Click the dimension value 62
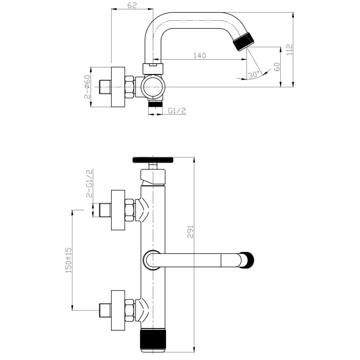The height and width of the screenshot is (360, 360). tap(132, 5)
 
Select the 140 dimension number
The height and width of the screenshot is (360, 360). tap(200, 55)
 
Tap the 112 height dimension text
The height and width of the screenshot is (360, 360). tap(289, 49)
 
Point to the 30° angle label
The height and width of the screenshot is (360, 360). tap(253, 75)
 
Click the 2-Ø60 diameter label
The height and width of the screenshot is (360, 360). tap(87, 87)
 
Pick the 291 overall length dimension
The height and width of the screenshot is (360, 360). tap(190, 232)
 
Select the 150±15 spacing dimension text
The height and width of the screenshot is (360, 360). tap(69, 260)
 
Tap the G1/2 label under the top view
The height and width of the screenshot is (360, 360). tap(177, 111)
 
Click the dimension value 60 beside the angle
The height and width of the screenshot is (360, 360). tap(277, 67)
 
